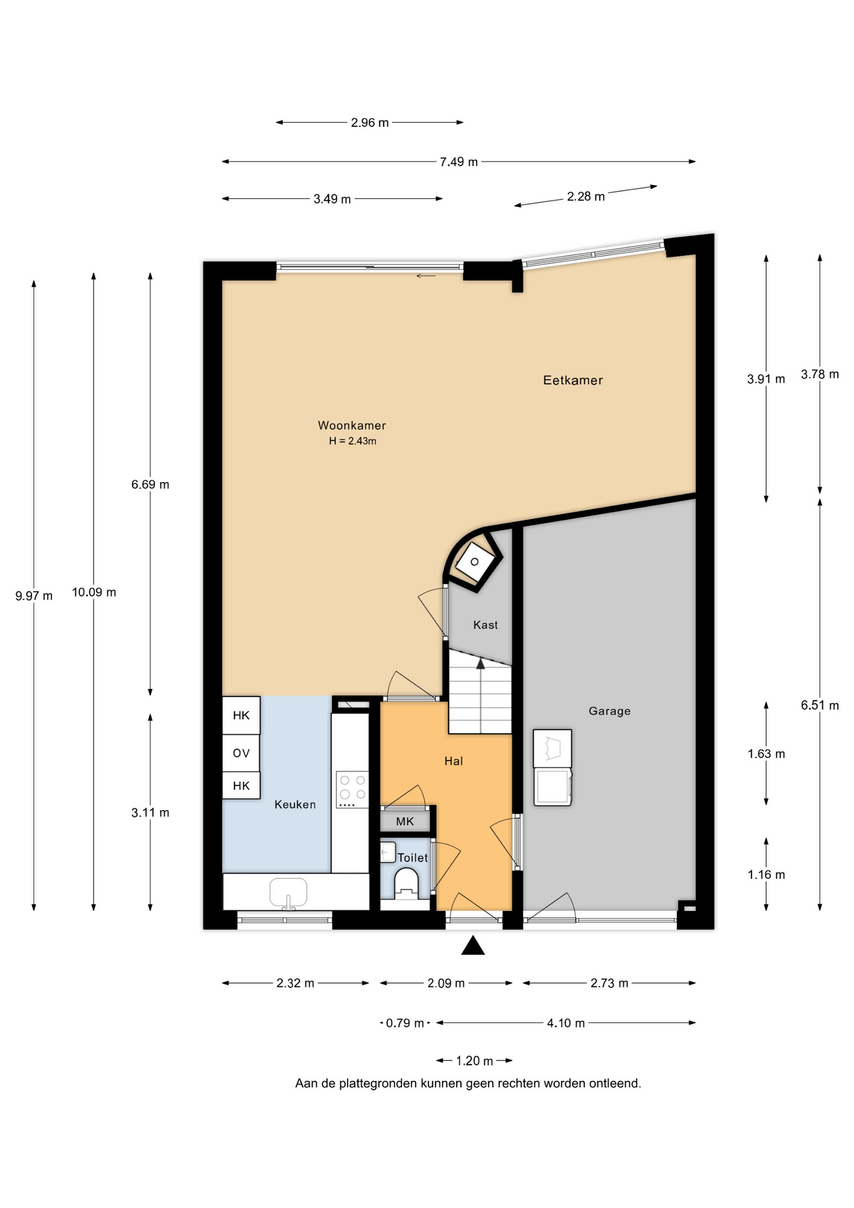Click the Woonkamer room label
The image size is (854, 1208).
tap(352, 425)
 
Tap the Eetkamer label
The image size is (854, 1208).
tap(573, 380)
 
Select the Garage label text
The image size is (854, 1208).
tap(609, 711)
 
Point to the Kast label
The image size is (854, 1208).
tap(485, 625)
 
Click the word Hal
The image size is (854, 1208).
tap(453, 761)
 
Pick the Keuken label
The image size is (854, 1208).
tap(295, 804)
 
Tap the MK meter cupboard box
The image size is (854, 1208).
tap(405, 821)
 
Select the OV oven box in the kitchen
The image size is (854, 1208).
tap(241, 753)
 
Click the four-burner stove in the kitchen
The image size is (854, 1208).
tap(352, 790)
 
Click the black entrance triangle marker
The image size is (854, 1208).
tap(473, 946)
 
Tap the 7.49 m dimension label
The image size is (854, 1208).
tap(458, 162)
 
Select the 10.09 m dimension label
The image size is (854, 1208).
tap(94, 592)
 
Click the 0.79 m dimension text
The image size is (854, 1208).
tap(405, 1023)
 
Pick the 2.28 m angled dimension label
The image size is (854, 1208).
tap(585, 196)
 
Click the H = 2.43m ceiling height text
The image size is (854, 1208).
tap(352, 441)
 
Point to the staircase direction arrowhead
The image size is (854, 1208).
tap(480, 663)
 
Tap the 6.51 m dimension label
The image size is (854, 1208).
tap(819, 705)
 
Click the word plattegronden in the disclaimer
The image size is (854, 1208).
tap(379, 1083)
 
